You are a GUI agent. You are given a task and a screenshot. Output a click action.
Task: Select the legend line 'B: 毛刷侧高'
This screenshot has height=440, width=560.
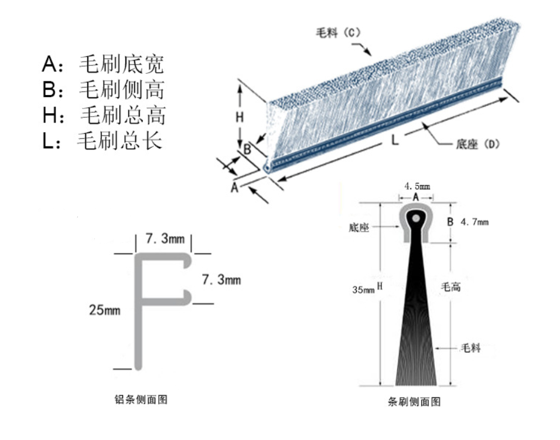coord(103,90)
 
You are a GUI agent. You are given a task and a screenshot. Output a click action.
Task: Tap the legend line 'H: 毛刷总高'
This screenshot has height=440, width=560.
coord(104,115)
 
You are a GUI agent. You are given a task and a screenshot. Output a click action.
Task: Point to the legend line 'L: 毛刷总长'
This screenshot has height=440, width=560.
coord(102,141)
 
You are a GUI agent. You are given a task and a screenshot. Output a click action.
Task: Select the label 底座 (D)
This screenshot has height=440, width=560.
coord(477,144)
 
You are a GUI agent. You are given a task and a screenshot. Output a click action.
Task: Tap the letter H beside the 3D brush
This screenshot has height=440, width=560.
coord(240,117)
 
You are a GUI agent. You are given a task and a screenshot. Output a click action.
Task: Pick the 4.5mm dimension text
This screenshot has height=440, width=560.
coord(417,186)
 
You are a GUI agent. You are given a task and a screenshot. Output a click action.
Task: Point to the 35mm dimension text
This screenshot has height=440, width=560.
coord(363,289)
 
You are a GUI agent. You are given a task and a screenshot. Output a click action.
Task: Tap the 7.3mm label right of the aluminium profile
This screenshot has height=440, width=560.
coord(221,279)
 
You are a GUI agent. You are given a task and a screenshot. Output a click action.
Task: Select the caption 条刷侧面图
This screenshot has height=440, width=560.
coord(414,402)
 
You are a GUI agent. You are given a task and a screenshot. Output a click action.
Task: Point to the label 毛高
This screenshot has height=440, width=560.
coord(450,287)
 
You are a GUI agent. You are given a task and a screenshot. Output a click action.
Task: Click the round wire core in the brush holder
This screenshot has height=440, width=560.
coord(415,218)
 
